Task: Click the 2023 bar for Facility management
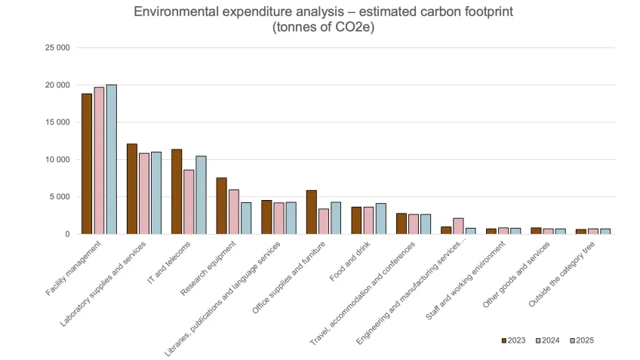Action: (87, 164)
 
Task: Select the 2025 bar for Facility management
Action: (111, 159)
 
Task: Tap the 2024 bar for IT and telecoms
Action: (189, 202)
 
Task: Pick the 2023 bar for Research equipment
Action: (221, 205)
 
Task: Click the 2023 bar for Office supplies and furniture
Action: (311, 212)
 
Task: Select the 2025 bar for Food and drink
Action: (380, 218)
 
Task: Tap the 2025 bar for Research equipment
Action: (246, 218)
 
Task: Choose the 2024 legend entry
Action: (548, 340)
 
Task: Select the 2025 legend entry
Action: (581, 340)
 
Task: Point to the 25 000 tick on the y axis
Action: (58, 48)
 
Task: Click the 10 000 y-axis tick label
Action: (58, 159)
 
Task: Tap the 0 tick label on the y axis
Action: (67, 234)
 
